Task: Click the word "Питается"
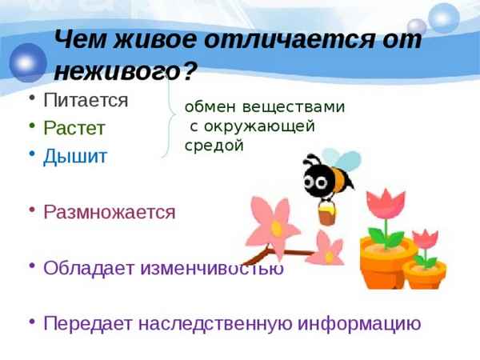tap(86, 101)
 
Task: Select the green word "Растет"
tap(74, 128)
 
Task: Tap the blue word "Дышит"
tap(75, 156)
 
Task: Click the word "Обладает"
tap(89, 268)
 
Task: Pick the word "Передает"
tap(88, 323)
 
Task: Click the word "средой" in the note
tap(213, 146)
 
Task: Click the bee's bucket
tap(326, 214)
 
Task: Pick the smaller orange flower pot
tap(424, 274)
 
